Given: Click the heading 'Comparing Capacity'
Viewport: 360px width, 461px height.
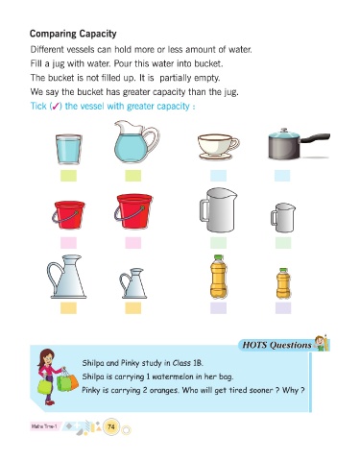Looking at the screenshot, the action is point(73,34).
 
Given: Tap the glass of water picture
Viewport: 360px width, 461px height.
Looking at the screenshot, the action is point(69,149).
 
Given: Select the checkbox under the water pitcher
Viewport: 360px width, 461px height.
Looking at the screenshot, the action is point(133,176).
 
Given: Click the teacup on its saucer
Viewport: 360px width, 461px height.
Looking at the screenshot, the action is point(218,147).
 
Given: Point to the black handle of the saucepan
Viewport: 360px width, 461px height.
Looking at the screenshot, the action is point(315,138).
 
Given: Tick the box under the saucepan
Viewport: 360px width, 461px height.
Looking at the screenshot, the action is point(282,176).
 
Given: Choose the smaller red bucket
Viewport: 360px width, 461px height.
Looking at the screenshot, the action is point(68,214).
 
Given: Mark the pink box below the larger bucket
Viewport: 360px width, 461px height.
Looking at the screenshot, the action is point(133,243).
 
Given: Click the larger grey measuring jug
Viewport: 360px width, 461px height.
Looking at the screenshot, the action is point(218,210).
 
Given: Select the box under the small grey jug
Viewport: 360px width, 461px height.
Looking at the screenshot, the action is point(283,243).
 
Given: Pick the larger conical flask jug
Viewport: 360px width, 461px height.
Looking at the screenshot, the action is point(66,277).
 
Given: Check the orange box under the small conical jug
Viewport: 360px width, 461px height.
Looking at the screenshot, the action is point(133,308).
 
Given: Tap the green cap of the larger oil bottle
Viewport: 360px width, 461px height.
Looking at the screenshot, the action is point(218,257).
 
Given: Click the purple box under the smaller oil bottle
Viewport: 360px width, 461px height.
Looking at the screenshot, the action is point(283,308).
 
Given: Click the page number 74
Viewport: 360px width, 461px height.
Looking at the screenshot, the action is point(111,426).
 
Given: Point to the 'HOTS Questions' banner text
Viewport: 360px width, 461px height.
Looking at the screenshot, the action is point(276,345).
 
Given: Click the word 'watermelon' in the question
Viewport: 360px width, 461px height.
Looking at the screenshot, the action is point(172,376).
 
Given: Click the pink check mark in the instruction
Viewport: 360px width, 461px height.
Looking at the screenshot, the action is point(56,107).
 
